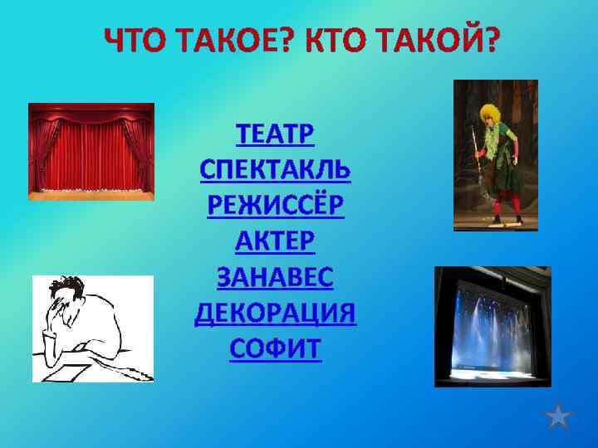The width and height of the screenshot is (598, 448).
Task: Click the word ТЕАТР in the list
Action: click(275, 134)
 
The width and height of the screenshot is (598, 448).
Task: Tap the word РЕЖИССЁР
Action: click(275, 204)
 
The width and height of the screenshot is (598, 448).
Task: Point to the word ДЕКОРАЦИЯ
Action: click(275, 313)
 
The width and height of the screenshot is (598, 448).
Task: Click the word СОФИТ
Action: click(275, 348)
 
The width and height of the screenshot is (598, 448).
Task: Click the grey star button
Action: click(561, 415)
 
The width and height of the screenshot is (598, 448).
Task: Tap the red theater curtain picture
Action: click(91, 151)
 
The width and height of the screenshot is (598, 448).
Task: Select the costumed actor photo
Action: click(495, 155)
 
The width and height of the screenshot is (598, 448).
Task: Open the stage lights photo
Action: click(493, 326)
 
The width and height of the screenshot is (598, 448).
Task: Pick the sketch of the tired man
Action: click(92, 329)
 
